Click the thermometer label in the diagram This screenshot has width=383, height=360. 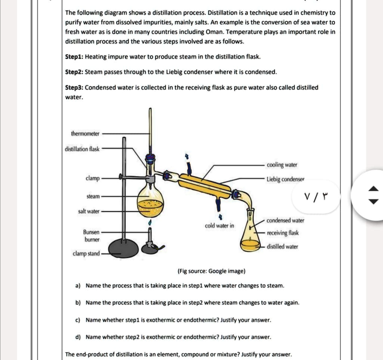[x=85, y=134]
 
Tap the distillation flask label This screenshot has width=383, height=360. [x=82, y=149]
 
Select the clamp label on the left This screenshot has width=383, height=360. [x=92, y=179]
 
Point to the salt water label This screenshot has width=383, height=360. [x=89, y=211]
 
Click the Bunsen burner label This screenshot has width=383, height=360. [x=92, y=236]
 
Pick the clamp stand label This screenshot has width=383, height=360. [x=86, y=254]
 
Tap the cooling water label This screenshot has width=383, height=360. [x=282, y=165]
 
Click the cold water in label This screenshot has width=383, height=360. [x=220, y=226]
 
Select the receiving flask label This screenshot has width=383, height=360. [x=282, y=233]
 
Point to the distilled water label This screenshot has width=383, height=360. [x=282, y=247]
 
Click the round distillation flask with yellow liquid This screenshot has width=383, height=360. [x=150, y=202]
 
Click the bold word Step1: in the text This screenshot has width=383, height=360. [x=74, y=57]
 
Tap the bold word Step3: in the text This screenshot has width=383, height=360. [x=74, y=88]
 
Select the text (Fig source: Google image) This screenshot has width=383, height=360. [x=211, y=271]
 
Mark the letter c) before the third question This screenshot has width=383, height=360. [x=78, y=320]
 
